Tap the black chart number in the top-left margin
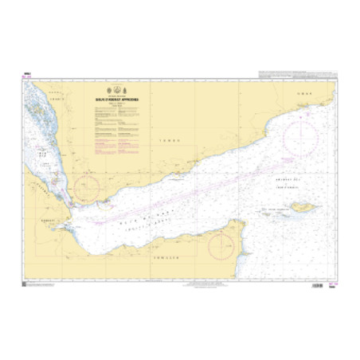[26, 73]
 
